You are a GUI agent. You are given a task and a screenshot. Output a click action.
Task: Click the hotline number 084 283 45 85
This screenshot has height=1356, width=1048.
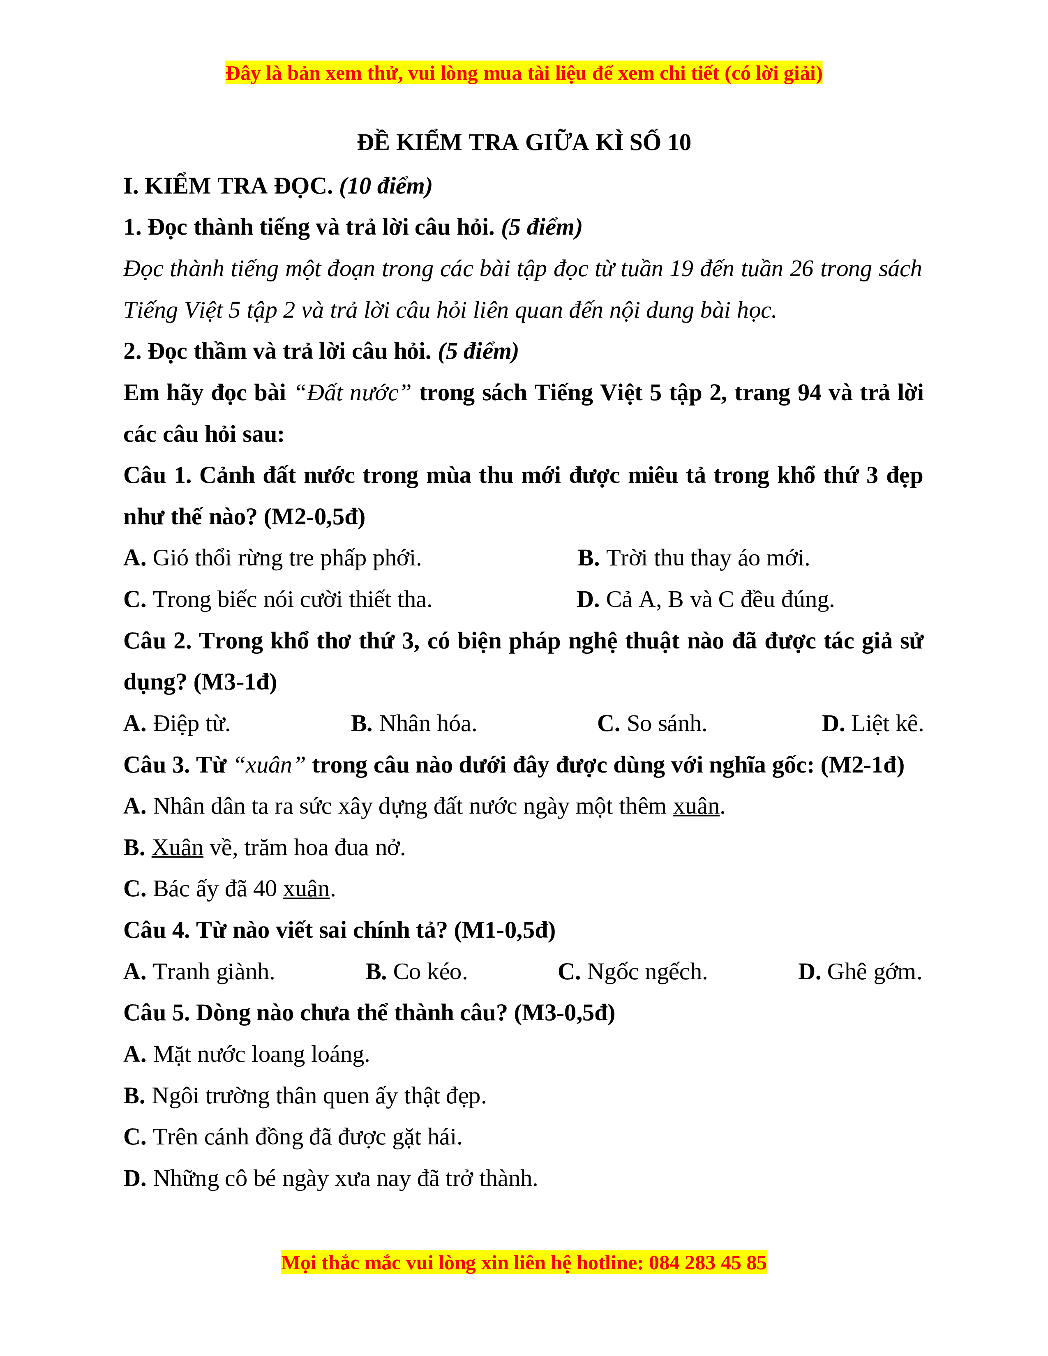click(x=707, y=1262)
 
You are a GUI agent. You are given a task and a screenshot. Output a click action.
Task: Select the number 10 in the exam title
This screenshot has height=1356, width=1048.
click(x=679, y=143)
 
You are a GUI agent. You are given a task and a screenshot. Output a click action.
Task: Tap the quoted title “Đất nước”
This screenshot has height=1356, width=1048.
click(x=353, y=393)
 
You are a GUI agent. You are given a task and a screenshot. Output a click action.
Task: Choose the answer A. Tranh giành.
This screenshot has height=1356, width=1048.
click(x=199, y=972)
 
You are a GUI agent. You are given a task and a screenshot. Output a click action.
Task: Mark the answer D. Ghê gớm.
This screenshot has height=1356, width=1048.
click(x=860, y=972)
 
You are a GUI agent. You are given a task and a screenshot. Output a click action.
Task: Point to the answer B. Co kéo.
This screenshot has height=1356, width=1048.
click(x=416, y=972)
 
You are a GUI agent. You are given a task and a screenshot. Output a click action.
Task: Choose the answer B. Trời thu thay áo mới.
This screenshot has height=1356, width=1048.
click(x=693, y=558)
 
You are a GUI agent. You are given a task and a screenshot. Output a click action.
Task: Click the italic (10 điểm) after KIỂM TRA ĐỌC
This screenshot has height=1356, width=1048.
click(x=385, y=186)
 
